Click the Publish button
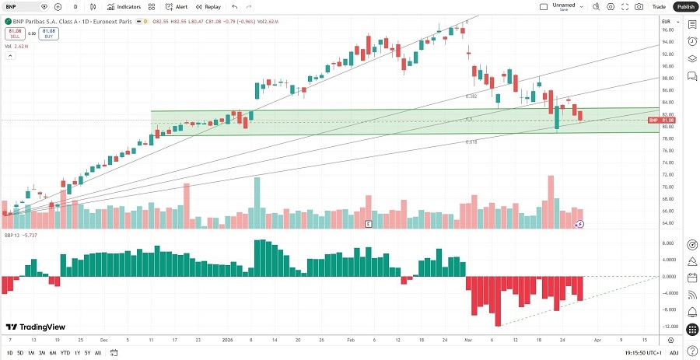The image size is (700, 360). (x=684, y=6)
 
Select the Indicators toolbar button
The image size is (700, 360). (x=124, y=6)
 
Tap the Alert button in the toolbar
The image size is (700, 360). (x=177, y=6)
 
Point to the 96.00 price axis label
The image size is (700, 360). (x=667, y=30)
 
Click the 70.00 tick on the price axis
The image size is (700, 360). (x=667, y=187)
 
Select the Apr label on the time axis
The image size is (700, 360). (x=597, y=340)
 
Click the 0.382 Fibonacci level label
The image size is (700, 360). (x=471, y=96)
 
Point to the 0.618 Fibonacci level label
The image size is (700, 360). (x=471, y=142)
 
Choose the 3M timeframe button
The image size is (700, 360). (x=42, y=353)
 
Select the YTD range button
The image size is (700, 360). (x=65, y=353)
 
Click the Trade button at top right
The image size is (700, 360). (x=659, y=6)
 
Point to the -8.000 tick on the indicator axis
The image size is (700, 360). (x=668, y=309)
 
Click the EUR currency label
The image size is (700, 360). (x=667, y=21)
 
